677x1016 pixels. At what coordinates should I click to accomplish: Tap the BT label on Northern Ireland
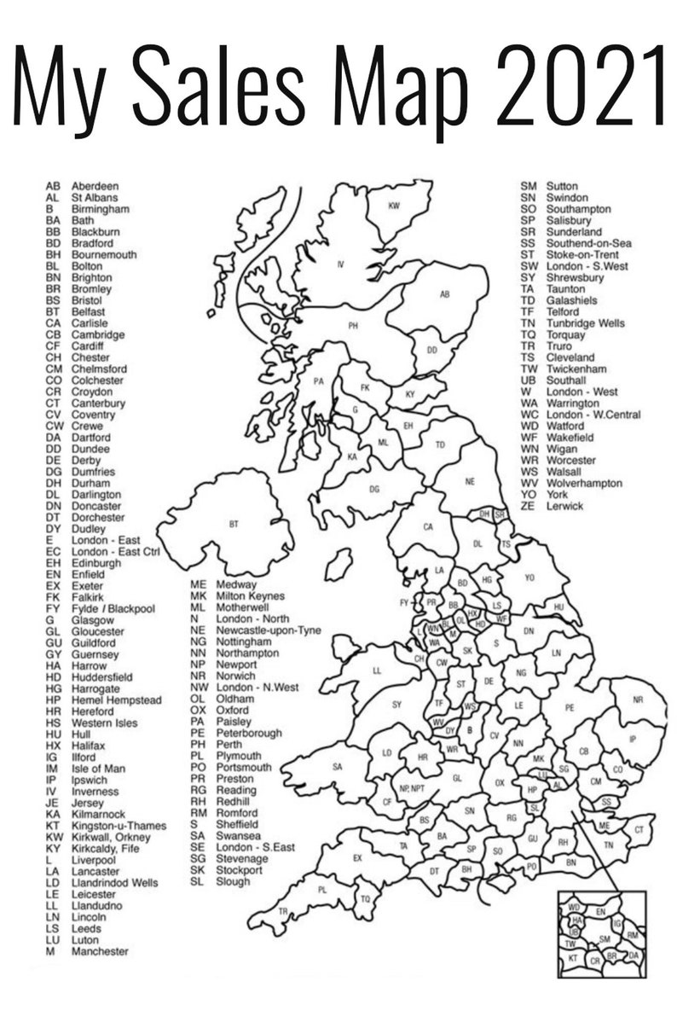point(234,524)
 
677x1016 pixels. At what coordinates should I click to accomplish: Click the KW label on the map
point(394,206)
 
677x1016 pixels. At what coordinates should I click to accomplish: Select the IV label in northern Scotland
point(341,265)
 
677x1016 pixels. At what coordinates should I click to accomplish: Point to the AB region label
point(444,294)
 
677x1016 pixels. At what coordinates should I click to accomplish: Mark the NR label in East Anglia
point(638,700)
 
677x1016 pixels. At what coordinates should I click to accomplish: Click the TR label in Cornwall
point(283,911)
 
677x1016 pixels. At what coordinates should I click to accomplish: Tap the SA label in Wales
point(337,767)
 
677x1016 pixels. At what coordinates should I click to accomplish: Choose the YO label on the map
point(529,578)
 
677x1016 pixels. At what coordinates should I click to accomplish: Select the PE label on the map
point(570,707)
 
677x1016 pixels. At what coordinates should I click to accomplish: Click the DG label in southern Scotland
point(374,489)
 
